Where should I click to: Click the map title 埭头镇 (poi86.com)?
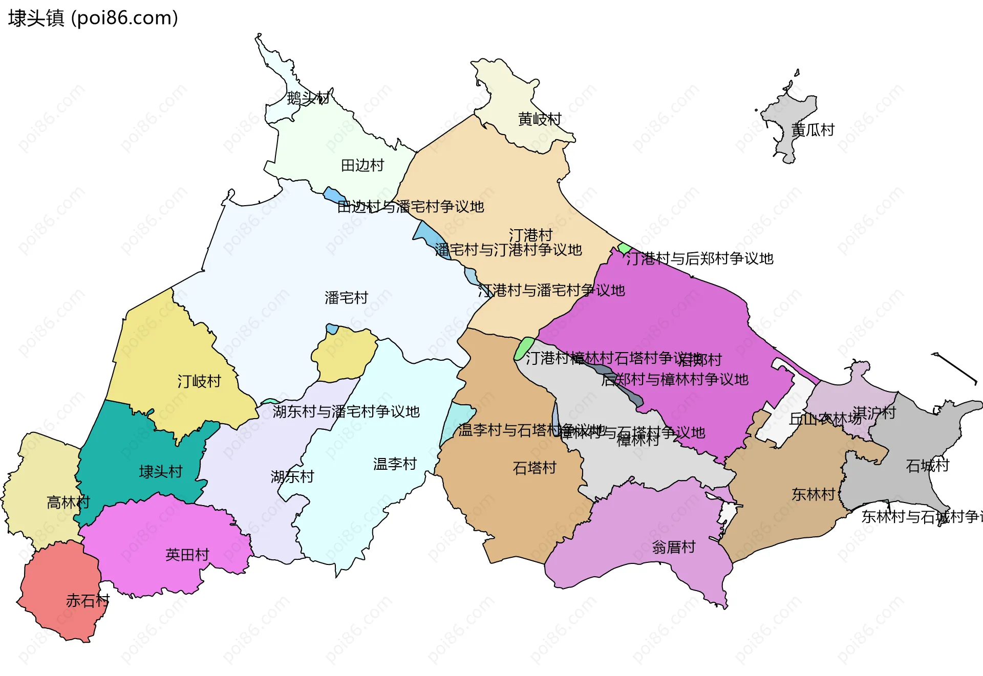[93, 18]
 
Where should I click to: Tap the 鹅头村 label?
[308, 97]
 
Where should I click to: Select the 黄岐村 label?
[540, 119]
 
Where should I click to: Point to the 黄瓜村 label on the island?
[813, 130]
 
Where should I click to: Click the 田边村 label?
[362, 165]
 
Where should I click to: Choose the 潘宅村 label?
[346, 297]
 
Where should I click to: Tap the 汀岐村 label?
[199, 381]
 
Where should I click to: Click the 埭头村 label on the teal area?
[161, 471]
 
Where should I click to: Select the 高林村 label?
[68, 502]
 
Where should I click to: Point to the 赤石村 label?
[88, 600]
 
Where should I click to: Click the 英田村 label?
[187, 555]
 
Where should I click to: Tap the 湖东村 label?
[292, 476]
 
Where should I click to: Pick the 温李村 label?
[395, 464]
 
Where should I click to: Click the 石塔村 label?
[535, 468]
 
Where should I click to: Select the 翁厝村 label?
[674, 548]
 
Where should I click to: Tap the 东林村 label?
[813, 494]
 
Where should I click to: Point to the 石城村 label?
[927, 466]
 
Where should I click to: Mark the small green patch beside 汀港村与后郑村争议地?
[624, 248]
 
